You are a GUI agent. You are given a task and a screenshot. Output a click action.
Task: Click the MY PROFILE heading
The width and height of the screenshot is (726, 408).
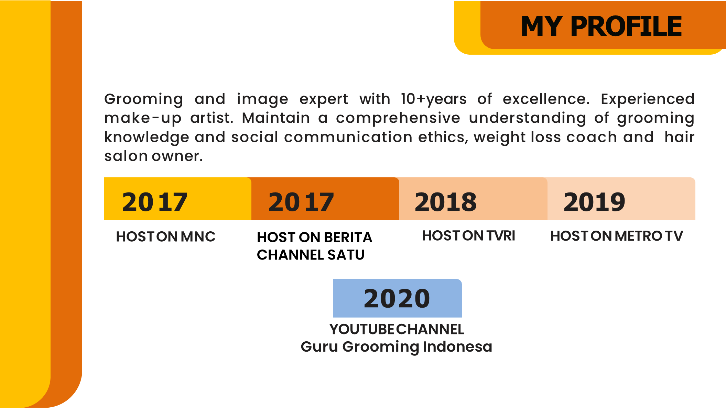pos(601,26)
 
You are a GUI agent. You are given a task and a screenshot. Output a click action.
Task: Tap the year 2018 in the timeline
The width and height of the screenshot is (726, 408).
pos(446,202)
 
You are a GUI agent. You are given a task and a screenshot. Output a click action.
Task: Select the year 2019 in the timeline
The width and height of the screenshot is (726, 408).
pos(594,202)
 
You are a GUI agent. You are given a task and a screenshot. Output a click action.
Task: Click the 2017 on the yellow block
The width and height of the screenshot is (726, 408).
pos(155,202)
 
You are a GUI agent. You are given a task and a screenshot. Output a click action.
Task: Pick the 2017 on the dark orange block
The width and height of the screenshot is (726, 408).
pos(301,202)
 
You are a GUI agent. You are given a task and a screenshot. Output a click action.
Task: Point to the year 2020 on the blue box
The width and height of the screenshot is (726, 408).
pos(397,298)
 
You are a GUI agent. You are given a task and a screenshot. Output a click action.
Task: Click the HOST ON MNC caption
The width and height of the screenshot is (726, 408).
pos(166,236)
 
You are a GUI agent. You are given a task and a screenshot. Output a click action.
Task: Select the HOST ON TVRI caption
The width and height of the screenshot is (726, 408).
pos(468,236)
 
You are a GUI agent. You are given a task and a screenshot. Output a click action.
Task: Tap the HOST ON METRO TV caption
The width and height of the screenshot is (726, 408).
pos(617,236)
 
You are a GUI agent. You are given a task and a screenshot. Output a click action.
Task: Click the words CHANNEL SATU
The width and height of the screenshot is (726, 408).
pos(311,255)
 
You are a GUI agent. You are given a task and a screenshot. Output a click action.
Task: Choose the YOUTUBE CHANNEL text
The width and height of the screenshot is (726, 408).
pos(397,329)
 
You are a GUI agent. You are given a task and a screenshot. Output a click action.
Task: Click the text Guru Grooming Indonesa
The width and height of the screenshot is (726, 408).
pos(397,347)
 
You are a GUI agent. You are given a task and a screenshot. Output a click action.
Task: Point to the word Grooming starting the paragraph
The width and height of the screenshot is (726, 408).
pos(144,99)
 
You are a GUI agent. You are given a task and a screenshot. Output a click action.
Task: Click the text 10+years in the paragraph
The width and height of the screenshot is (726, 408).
pos(434,99)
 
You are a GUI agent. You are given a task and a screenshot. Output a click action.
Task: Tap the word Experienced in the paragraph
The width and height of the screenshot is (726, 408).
pos(648,99)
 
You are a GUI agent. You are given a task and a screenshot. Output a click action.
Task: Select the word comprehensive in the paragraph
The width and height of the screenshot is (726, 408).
pos(398,118)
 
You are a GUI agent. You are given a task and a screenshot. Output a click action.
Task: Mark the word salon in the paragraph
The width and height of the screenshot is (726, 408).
pos(126,156)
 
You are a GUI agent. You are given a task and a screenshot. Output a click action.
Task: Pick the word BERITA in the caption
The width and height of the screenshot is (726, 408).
pos(348,237)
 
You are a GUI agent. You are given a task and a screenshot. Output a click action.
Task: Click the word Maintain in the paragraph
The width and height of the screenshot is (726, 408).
pos(276,118)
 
